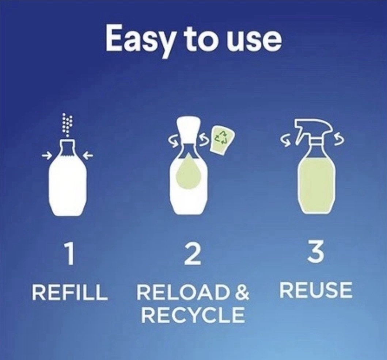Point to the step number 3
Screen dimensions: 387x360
pos(316,252)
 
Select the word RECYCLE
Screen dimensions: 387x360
pos(193,315)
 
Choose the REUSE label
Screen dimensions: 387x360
pos(316,290)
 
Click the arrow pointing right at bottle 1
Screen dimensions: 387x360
pos(45,155)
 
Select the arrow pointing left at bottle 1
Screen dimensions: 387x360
pos(89,155)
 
